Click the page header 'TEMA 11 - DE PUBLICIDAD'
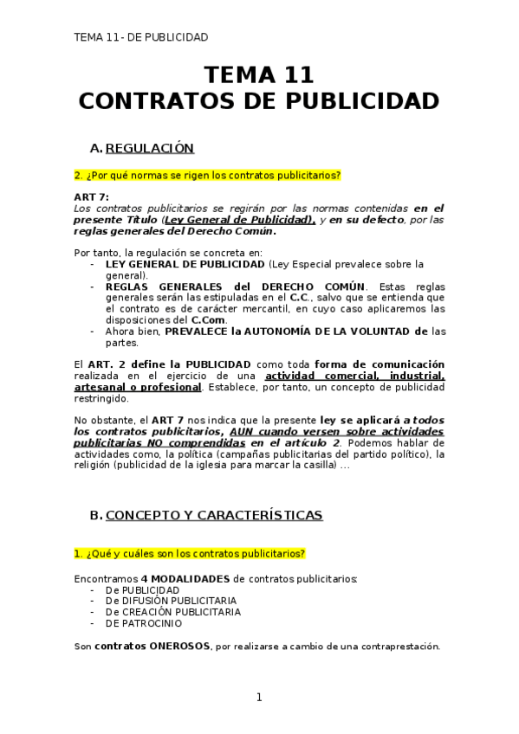141,37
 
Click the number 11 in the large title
295,74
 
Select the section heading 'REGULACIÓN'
149,148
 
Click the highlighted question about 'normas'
207,175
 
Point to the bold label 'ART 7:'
91,197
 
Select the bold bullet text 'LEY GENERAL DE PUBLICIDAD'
185,264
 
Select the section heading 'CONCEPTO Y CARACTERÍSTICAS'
214,515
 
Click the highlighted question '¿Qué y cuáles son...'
190,553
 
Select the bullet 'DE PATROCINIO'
144,622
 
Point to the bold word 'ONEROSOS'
178,646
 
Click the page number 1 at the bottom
258,698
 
